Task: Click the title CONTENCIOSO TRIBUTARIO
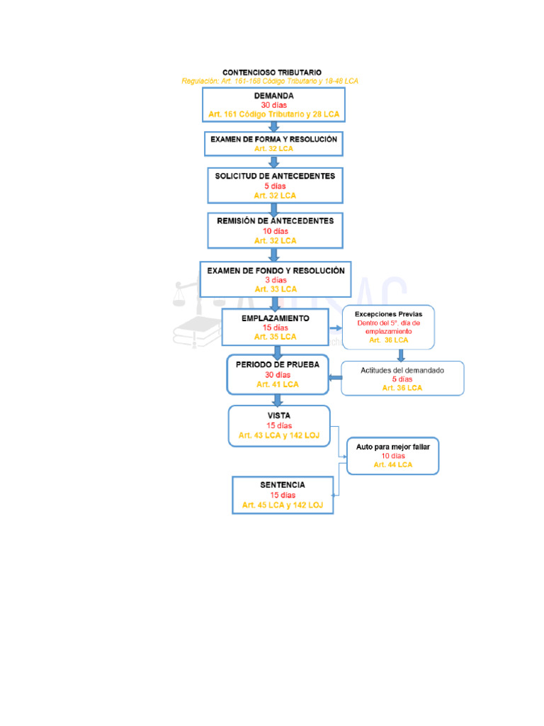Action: coord(272,72)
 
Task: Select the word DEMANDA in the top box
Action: coord(273,96)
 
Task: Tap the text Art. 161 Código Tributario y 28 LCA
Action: coord(273,114)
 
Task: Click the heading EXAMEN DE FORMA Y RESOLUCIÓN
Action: coord(273,140)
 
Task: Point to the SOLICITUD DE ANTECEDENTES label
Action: coord(275,176)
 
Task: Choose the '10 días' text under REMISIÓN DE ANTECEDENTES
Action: coord(275,231)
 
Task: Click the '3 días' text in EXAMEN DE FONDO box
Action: coord(276,280)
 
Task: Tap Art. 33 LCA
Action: coord(276,289)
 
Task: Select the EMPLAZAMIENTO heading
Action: coord(275,318)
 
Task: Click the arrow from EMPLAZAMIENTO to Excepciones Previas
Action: coord(335,328)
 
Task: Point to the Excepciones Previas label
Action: coord(388,313)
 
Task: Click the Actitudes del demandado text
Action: coord(402,370)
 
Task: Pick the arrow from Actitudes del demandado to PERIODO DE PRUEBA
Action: coord(335,377)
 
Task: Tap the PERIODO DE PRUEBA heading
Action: coord(278,364)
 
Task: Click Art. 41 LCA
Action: coord(278,384)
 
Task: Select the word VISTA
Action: coord(278,415)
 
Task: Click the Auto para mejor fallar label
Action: coord(392,447)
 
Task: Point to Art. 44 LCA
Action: coord(392,465)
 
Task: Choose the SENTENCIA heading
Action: coord(283,485)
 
